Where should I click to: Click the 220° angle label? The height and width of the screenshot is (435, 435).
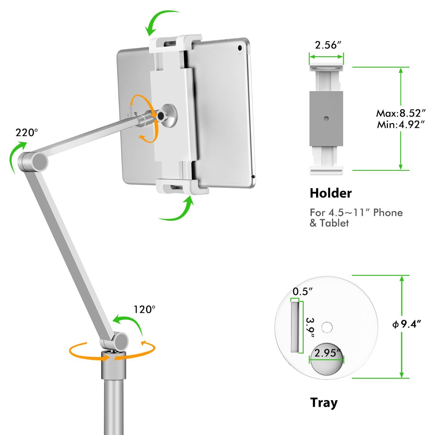click(26, 133)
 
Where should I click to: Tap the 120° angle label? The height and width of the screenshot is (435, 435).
click(145, 309)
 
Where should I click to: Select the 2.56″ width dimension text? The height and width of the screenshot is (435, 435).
click(328, 45)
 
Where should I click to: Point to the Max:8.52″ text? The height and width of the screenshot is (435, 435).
click(401, 113)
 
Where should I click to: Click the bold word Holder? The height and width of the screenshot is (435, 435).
click(331, 194)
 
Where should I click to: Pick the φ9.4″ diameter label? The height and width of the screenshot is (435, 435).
click(407, 324)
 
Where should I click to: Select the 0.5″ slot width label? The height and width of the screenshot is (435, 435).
click(303, 292)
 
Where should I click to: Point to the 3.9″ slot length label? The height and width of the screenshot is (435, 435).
click(311, 328)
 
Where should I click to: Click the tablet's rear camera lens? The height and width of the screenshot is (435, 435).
click(240, 48)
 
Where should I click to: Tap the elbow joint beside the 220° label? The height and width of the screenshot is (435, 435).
click(33, 161)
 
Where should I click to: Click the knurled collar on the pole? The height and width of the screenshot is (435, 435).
click(113, 367)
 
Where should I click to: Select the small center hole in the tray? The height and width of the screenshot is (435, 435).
click(327, 327)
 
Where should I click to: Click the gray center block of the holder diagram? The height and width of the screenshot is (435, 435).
click(326, 119)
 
